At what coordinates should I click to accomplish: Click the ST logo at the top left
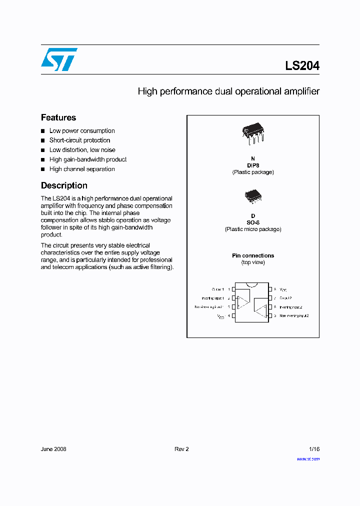coord(59,59)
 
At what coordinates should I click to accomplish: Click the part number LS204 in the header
coord(302,65)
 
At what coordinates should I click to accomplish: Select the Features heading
coord(58,117)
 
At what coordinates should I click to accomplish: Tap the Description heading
coord(64,185)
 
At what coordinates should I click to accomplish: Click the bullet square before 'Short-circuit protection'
coord(43,140)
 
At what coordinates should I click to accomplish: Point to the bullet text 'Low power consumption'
coord(82,131)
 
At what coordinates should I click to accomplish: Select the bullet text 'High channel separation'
coord(82,169)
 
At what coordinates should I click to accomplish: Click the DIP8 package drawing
coord(252,133)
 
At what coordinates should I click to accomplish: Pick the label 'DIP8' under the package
coord(253,165)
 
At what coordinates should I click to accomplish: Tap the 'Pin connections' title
coord(253,255)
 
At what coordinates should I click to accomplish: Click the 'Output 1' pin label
coord(218,289)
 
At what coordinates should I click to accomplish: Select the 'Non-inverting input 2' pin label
coord(294,316)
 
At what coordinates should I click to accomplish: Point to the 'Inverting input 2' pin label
coord(290,307)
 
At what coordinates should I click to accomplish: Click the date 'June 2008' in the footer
coord(53,449)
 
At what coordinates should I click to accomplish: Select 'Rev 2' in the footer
coord(181,449)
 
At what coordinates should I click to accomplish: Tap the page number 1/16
coord(313,449)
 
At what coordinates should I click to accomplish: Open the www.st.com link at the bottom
coord(308,458)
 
